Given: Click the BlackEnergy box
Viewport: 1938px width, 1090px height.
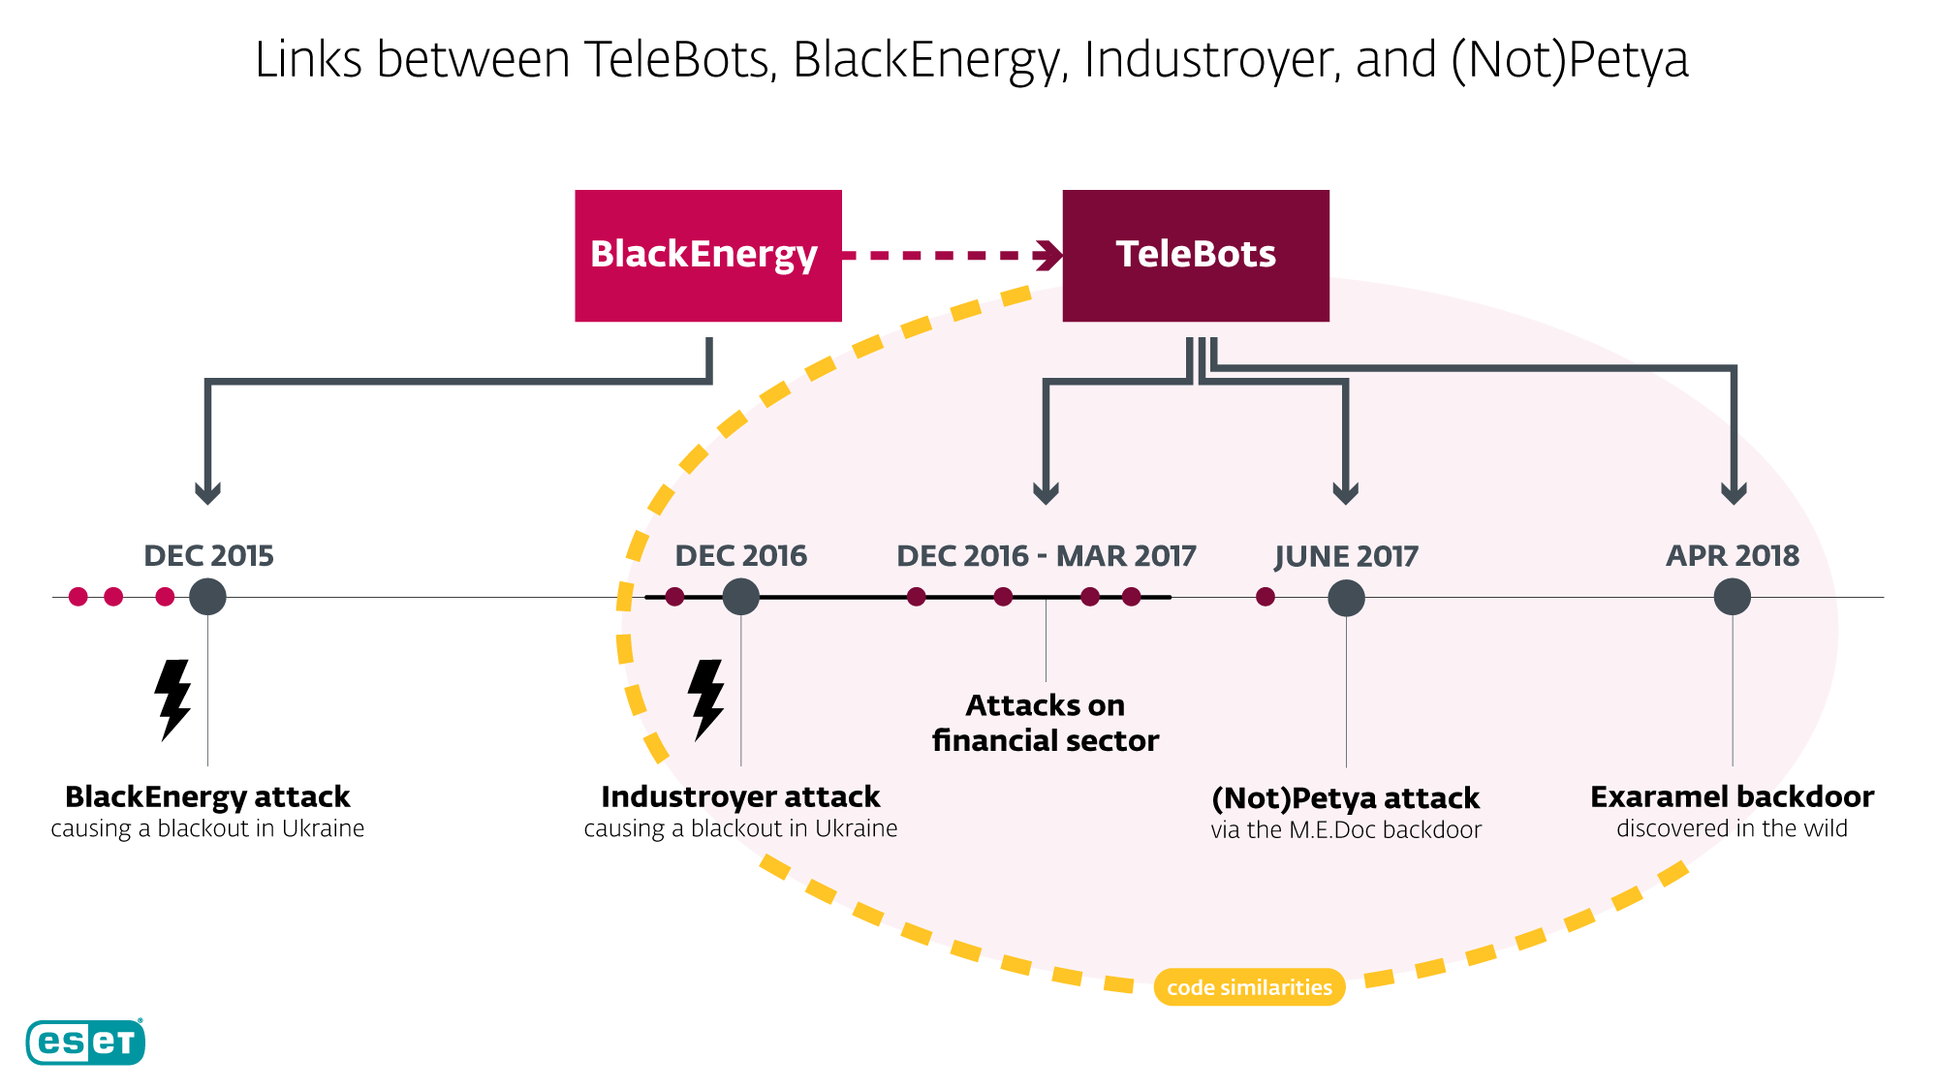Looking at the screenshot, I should point(707,255).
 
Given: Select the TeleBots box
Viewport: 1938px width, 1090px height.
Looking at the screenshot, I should point(1195,255).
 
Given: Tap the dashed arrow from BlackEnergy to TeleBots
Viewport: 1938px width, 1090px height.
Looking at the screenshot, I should point(950,256).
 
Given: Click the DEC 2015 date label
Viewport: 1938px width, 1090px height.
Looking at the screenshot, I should point(208,555).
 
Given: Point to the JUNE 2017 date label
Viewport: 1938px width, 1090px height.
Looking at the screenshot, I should point(1345,556).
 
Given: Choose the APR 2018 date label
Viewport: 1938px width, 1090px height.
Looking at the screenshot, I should point(1732,555).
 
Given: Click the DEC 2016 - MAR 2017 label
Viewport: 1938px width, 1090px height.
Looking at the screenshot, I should point(1046,555).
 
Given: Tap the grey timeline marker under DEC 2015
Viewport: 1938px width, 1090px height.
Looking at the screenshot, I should point(207,597).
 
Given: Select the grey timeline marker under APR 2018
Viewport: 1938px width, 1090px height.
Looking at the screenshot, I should point(1732,597).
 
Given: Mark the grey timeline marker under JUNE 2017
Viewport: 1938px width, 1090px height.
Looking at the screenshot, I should point(1345,598).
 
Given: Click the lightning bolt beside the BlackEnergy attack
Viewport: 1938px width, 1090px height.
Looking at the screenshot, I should point(172,700).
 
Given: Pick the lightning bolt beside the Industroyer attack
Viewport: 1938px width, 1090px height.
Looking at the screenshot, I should point(705,700).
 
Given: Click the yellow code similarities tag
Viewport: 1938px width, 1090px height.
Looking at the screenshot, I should point(1249,987).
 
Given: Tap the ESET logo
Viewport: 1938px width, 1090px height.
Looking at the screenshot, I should point(85,1043).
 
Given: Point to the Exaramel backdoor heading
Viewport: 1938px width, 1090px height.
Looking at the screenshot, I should point(1732,796).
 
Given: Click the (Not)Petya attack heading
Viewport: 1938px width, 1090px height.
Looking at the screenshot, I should point(1345,797).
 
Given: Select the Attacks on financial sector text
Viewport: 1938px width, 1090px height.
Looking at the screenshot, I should point(1045,723).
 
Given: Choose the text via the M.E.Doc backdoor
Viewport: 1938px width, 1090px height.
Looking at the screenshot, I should point(1345,830).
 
